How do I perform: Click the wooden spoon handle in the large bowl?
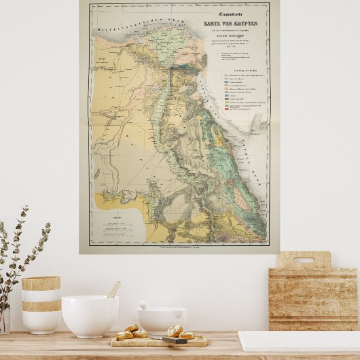[113, 290]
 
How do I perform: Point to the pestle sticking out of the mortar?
[145, 306]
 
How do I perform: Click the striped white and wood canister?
[41, 304]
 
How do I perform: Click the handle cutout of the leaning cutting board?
[303, 260]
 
